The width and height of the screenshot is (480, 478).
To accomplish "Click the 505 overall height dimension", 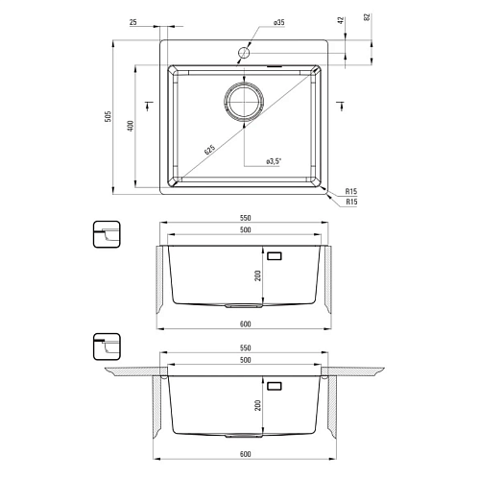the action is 108,116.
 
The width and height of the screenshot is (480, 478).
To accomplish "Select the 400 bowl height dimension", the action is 131,126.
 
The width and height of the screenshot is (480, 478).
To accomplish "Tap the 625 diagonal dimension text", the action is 210,150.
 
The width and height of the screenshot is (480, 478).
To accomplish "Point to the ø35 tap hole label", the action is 279,22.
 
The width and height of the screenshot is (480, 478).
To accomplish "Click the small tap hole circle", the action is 244,53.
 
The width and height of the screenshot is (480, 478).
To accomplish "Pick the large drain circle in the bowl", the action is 244,102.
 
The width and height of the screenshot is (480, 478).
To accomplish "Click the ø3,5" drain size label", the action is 274,161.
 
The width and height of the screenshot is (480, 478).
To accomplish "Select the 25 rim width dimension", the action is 133,22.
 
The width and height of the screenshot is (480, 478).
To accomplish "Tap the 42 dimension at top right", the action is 341,20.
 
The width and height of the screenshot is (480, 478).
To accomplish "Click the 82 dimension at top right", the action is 367,17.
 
